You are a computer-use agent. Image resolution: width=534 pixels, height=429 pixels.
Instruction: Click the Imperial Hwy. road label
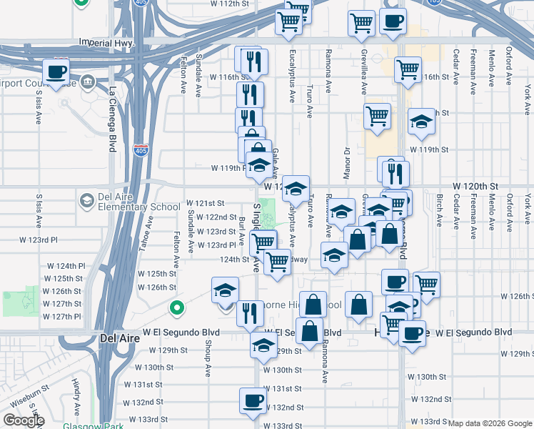click(x=107, y=43)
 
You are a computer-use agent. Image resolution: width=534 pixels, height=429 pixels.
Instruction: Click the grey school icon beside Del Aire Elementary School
click(x=87, y=199)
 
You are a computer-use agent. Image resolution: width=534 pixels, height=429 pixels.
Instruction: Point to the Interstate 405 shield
click(x=141, y=151)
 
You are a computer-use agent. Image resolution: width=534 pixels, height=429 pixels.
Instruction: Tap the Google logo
click(x=24, y=420)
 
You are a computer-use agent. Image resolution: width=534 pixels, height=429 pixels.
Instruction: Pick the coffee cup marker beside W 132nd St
click(x=252, y=402)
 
